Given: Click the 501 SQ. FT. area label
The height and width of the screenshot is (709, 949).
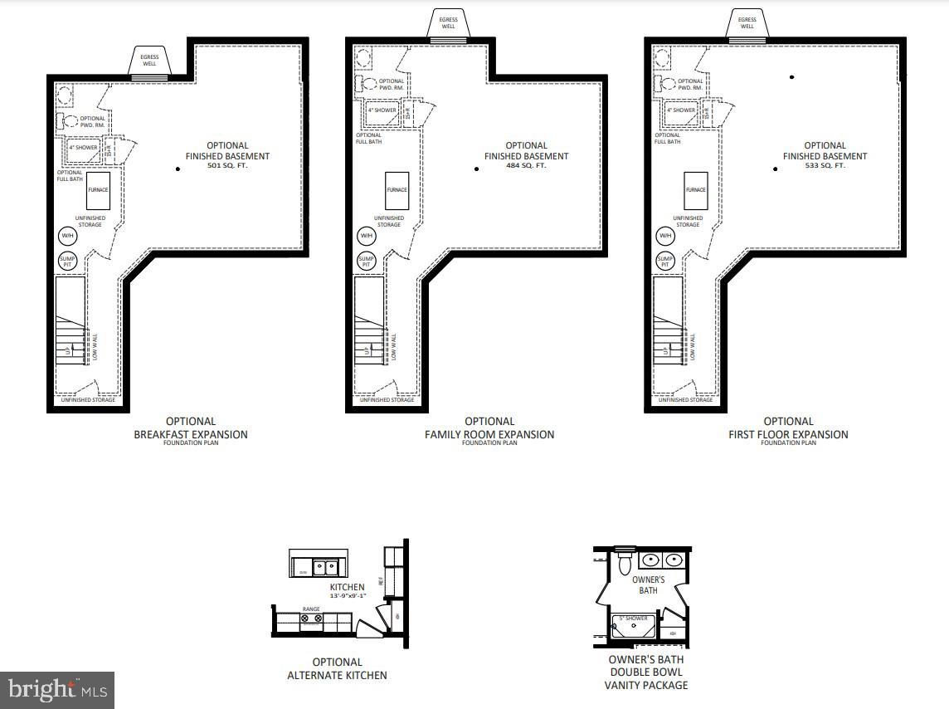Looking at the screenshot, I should click(227, 166).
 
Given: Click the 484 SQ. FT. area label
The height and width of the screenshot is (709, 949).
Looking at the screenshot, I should click(526, 166).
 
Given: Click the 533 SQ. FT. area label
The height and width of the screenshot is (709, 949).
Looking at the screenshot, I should click(825, 166).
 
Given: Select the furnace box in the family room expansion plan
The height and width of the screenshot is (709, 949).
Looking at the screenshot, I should click(397, 190).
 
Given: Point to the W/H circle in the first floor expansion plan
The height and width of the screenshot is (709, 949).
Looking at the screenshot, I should click(665, 237).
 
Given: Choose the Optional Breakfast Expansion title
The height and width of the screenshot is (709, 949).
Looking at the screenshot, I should click(191, 428).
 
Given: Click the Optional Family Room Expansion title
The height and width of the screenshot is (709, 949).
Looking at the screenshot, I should click(489, 428).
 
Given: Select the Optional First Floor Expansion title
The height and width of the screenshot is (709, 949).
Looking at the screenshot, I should click(788, 428).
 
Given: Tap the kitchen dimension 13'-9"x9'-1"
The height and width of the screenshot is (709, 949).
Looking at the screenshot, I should click(347, 596).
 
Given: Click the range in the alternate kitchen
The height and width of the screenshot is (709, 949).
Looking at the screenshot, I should click(311, 619).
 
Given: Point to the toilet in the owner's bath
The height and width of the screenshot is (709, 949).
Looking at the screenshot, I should click(624, 565).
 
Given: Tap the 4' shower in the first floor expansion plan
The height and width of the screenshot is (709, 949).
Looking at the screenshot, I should click(682, 110).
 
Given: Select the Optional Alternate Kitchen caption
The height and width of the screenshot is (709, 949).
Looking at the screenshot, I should click(337, 668).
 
